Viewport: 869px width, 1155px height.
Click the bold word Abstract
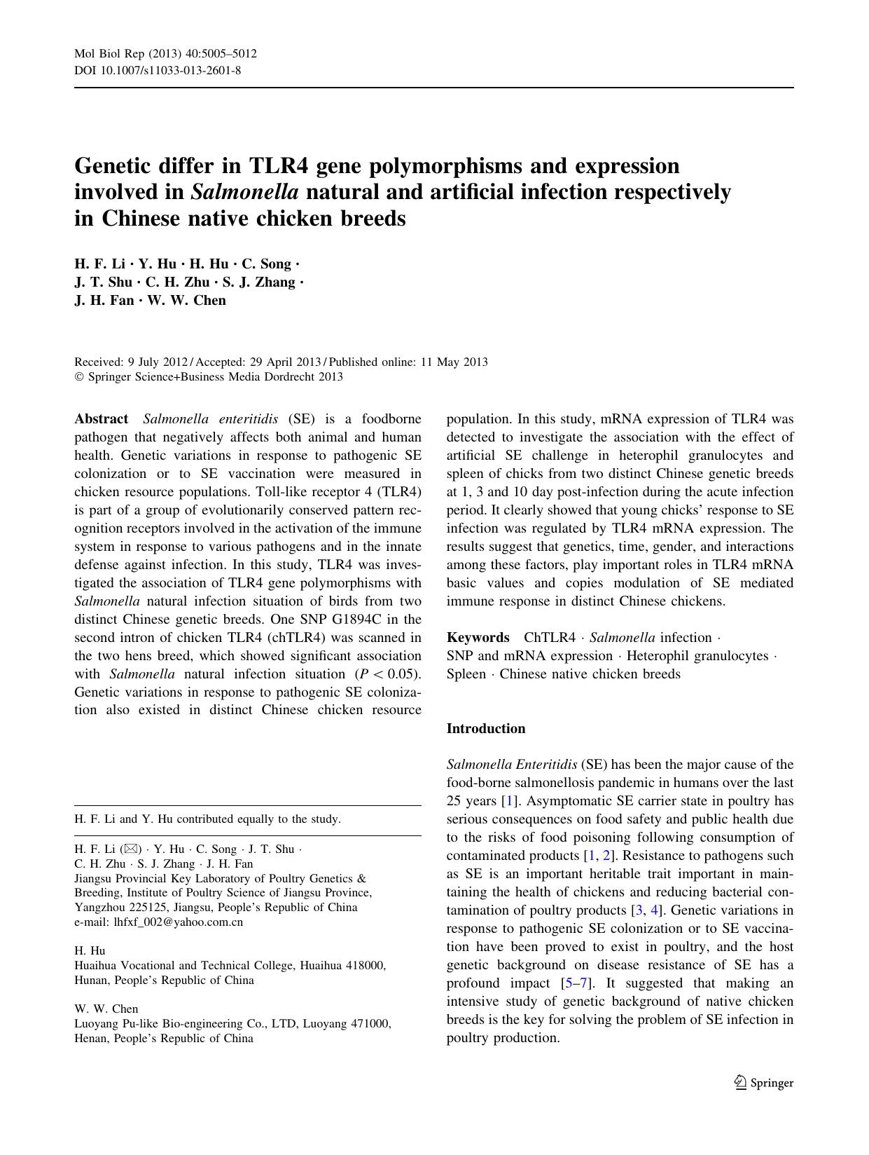(x=102, y=419)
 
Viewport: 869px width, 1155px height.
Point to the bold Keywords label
(x=478, y=638)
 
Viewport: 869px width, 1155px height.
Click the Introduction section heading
(x=486, y=729)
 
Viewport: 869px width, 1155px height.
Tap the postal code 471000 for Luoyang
(x=369, y=1024)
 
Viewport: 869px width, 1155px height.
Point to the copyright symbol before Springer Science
(x=78, y=377)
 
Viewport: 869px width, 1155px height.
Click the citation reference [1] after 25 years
(x=509, y=801)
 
